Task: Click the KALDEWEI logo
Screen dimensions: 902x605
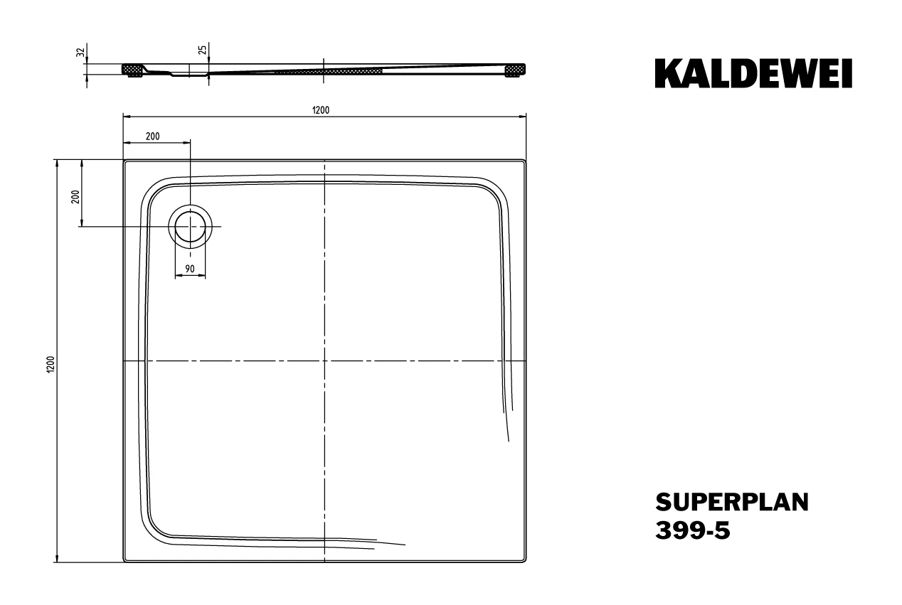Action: click(x=753, y=73)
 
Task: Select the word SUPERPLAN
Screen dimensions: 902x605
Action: click(x=732, y=502)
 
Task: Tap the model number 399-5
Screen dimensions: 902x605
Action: click(x=693, y=530)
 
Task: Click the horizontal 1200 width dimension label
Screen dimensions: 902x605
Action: click(x=321, y=110)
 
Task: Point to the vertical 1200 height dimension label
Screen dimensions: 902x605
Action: click(x=51, y=364)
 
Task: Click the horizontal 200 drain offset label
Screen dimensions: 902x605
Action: click(x=153, y=136)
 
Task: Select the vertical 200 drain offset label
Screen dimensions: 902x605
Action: click(x=75, y=196)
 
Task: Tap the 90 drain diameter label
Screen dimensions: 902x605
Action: click(x=190, y=269)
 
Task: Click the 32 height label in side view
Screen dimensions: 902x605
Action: click(x=81, y=52)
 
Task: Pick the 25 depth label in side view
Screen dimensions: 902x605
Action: click(x=203, y=50)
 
